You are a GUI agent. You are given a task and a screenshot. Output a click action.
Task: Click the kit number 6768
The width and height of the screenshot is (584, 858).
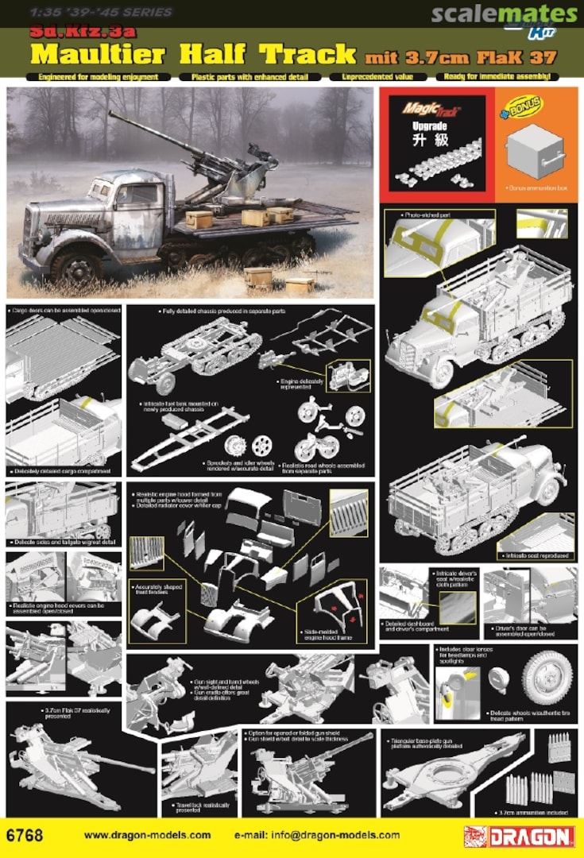tap(23, 836)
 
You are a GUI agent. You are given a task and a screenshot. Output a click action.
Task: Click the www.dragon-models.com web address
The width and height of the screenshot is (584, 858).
tap(147, 835)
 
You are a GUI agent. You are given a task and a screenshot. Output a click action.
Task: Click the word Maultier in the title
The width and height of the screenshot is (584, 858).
tap(99, 55)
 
